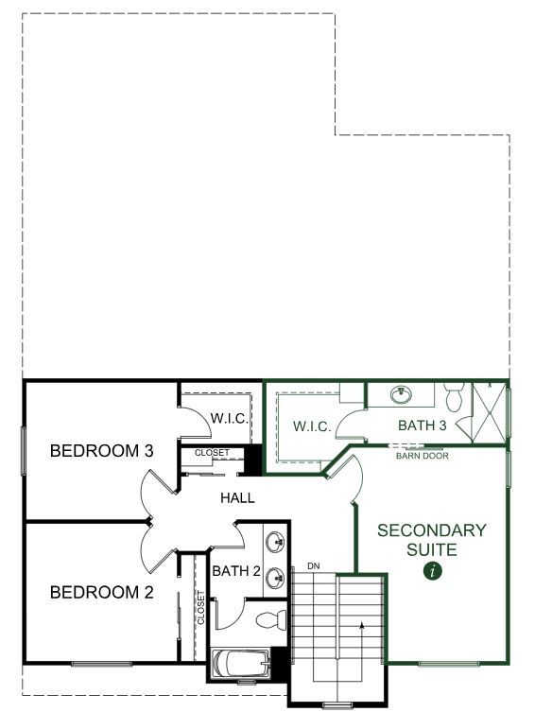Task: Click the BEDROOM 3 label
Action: pos(102,451)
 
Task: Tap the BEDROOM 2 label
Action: pos(102,592)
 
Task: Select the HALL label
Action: pos(237,498)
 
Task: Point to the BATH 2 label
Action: pos(236,571)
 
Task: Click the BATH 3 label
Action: pos(422,425)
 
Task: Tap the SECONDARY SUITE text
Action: pos(432,540)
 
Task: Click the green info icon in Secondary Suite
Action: pos(433,571)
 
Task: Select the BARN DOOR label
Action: pos(422,456)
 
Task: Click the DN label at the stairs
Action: pos(314,566)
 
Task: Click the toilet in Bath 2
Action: pos(271,620)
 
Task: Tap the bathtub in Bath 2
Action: pos(242,664)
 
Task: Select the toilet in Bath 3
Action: pos(454,396)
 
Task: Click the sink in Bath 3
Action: pos(402,394)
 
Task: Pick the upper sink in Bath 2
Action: pos(275,542)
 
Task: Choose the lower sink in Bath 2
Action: pos(275,578)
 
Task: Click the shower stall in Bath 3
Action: pos(490,412)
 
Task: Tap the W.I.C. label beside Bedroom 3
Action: pos(229,418)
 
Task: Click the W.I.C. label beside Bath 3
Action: pos(312,426)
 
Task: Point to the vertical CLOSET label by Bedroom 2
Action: pos(201,607)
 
